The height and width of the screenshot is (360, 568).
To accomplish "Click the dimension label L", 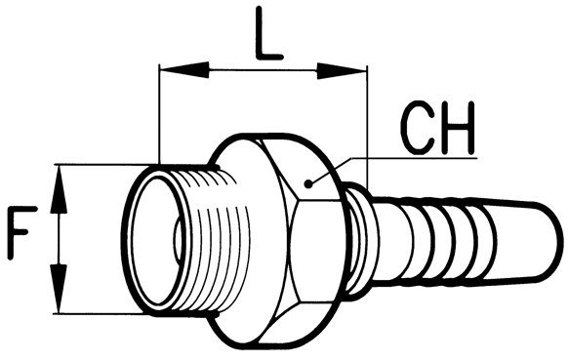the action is point(268,33).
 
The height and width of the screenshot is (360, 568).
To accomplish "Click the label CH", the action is point(439,128).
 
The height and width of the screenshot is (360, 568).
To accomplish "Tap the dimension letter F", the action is point(22,232).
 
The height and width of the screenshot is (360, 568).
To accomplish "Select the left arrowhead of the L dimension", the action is point(184,70).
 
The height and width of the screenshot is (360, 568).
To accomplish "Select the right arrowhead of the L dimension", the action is point(342,70).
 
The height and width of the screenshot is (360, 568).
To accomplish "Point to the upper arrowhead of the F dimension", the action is point(59,190).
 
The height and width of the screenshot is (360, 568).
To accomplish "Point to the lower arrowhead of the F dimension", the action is point(59,288).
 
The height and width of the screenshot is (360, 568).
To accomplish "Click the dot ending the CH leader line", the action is point(308,184).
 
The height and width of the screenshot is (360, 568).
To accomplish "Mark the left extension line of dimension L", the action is point(159,114).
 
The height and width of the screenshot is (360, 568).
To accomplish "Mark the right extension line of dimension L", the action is point(367,127).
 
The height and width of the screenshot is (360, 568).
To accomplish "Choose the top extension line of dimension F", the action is point(103,165).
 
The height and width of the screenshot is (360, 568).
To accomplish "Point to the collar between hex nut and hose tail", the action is point(357,241).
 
